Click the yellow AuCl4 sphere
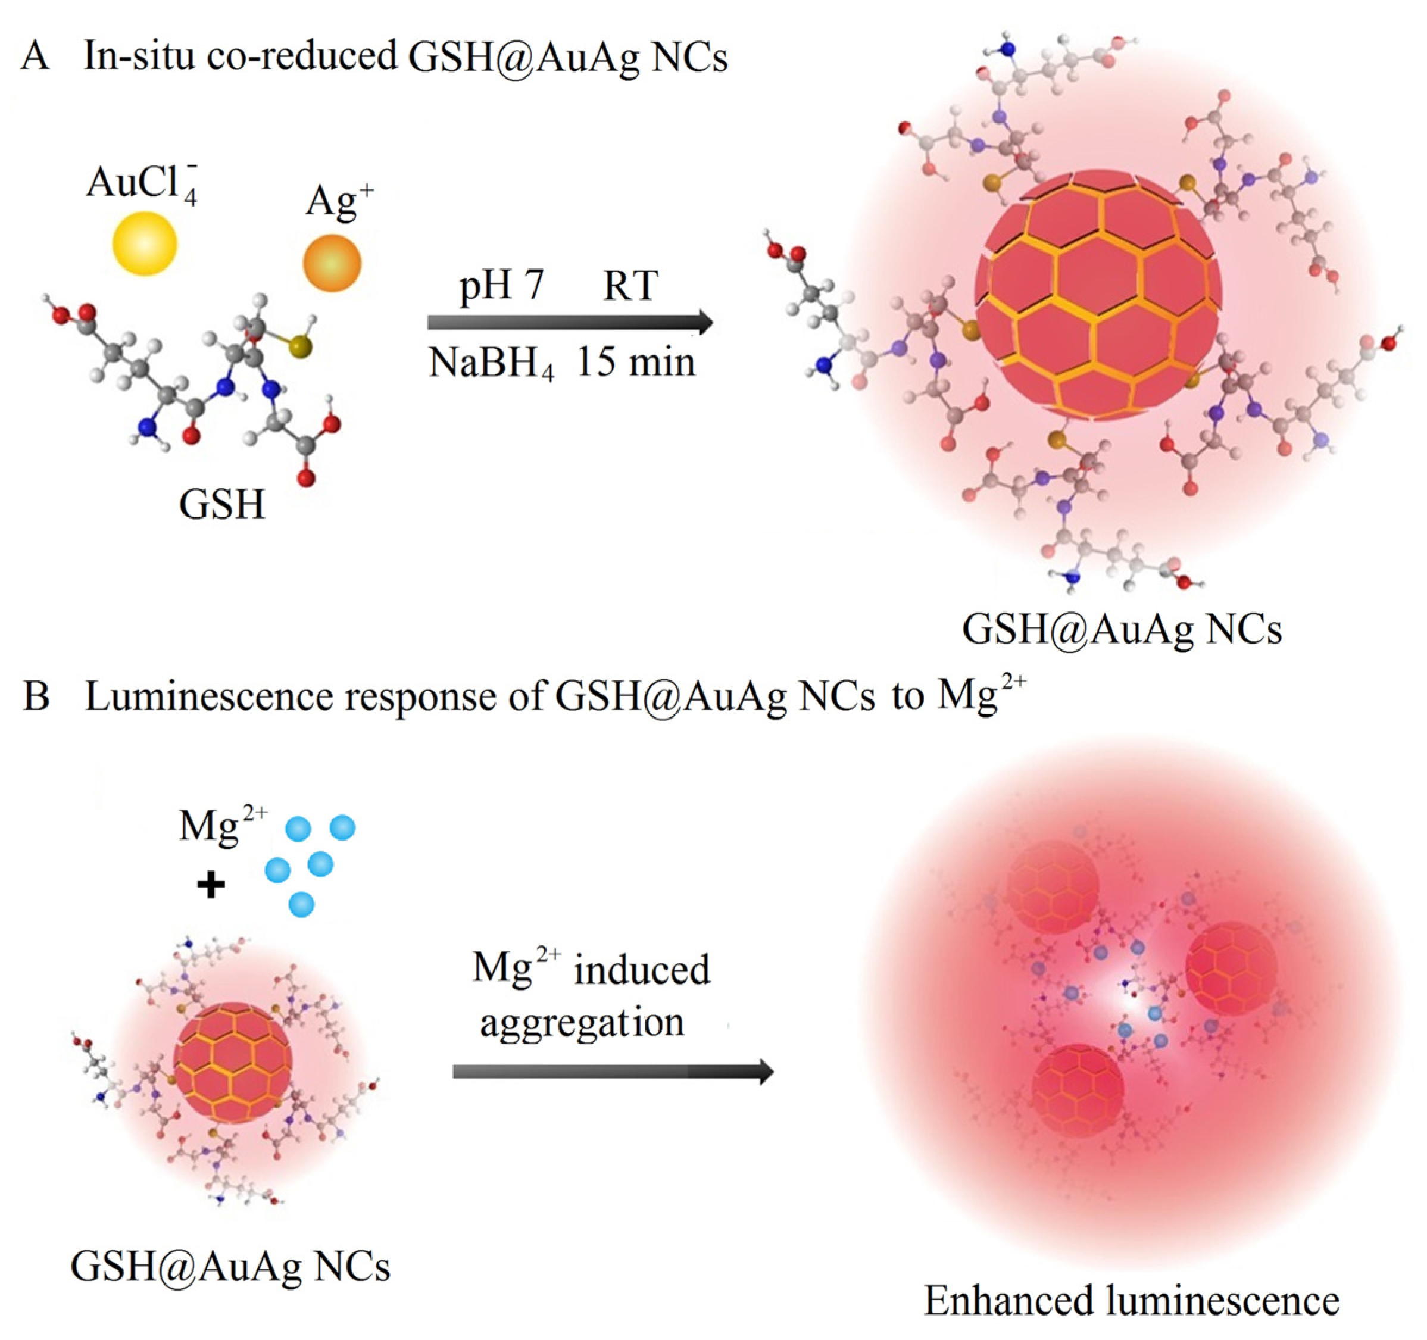coord(144,243)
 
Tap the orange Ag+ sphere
coord(332,263)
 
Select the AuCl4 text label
coord(142,185)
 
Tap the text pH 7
coord(502,285)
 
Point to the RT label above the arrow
coord(630,286)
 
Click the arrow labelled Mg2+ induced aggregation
coord(612,1072)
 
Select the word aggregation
coord(582,1023)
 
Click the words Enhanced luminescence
coord(1131,1300)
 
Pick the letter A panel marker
coord(35,56)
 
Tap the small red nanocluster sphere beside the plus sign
coord(233,1062)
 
